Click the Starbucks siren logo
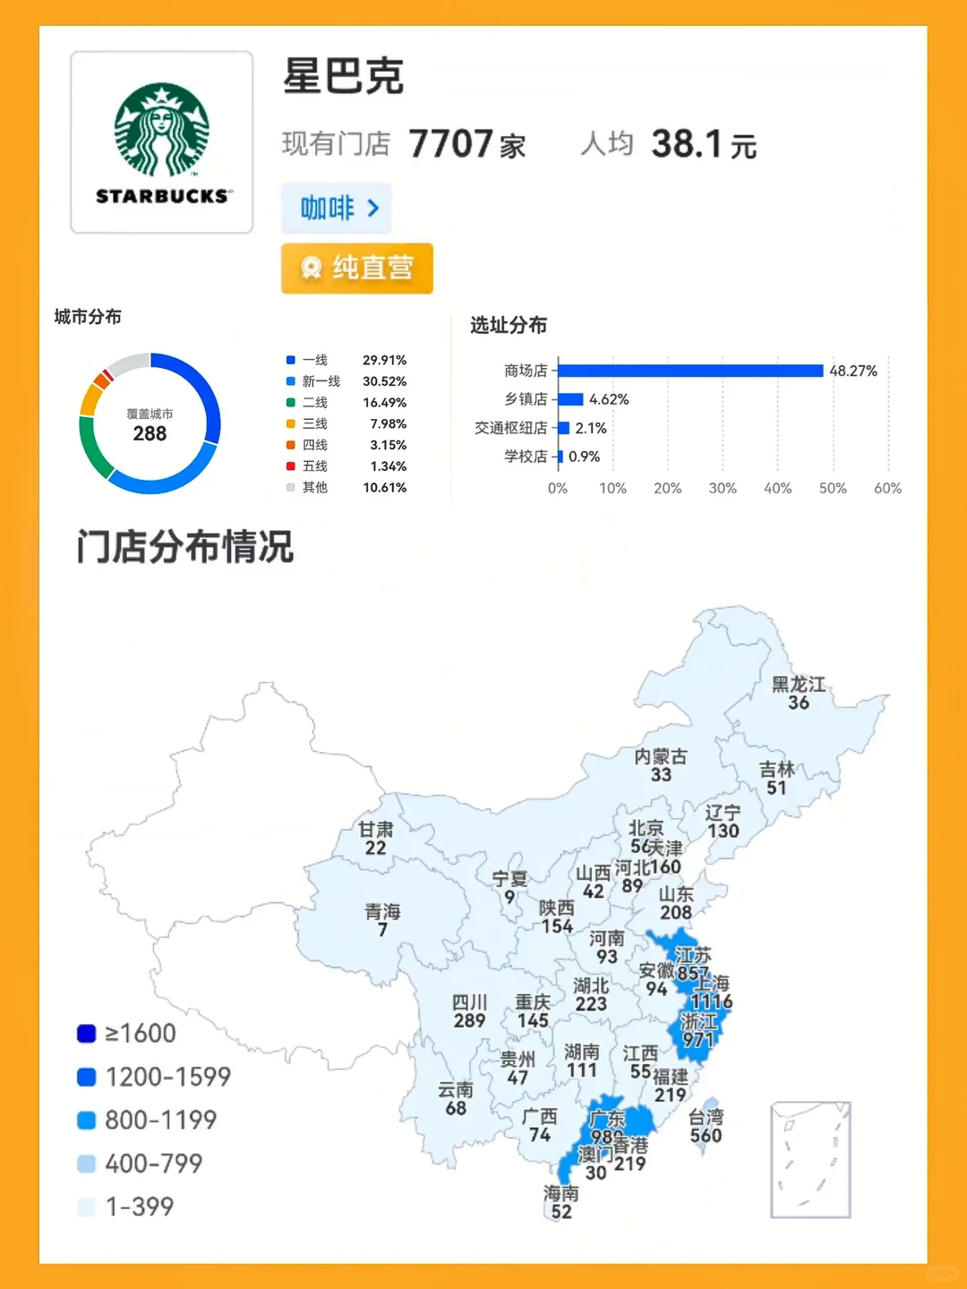pyautogui.click(x=162, y=130)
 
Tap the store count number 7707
pyautogui.click(x=450, y=144)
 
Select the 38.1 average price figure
pyautogui.click(x=687, y=144)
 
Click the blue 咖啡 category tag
pyautogui.click(x=337, y=209)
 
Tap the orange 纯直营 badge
pyautogui.click(x=357, y=268)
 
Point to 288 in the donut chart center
pyautogui.click(x=150, y=434)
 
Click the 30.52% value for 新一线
pyautogui.click(x=384, y=381)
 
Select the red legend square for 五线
pyautogui.click(x=290, y=466)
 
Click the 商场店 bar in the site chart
pyautogui.click(x=689, y=371)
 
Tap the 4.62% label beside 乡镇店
pyautogui.click(x=609, y=399)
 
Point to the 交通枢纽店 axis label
pyautogui.click(x=510, y=428)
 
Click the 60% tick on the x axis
pyautogui.click(x=887, y=489)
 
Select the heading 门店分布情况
pyautogui.click(x=185, y=547)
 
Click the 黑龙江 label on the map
pyautogui.click(x=799, y=685)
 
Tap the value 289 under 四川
pyautogui.click(x=469, y=1021)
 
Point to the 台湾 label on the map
pyautogui.click(x=706, y=1117)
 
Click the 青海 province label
pyautogui.click(x=382, y=912)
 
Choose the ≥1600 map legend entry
pyautogui.click(x=126, y=1034)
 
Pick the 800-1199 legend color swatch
pyautogui.click(x=87, y=1121)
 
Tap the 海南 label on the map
pyautogui.click(x=561, y=1193)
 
